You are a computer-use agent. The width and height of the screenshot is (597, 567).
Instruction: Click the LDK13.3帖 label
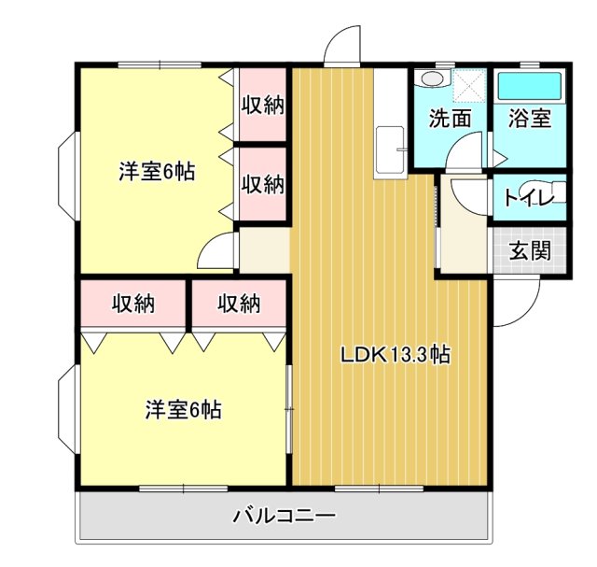click(396, 354)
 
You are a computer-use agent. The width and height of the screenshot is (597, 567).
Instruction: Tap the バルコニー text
click(284, 515)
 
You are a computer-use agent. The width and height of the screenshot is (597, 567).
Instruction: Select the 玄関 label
click(529, 250)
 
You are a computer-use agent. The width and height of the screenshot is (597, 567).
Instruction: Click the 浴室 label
click(529, 119)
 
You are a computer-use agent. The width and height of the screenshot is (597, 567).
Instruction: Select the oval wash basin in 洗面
click(432, 78)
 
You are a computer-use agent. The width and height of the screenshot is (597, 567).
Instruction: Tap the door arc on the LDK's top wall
click(342, 45)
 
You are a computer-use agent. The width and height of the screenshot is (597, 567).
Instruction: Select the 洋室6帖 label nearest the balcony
click(183, 409)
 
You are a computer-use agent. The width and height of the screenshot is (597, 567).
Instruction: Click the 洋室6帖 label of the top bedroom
click(157, 172)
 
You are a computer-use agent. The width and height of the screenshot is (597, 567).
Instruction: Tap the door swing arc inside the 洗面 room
click(466, 152)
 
